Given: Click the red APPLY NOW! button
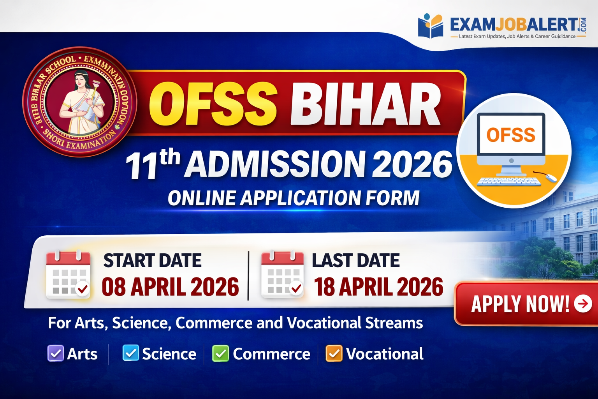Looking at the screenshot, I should (526, 304).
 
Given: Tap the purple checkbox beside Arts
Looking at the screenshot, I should (55, 353).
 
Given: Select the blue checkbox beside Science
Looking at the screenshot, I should (130, 353).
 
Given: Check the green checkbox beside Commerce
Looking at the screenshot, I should (220, 353).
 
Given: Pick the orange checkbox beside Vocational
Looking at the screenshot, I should (334, 353).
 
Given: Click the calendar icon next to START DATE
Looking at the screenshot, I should (68, 275).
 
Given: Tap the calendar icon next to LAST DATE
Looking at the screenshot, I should (282, 274).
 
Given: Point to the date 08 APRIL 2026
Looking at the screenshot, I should (170, 287).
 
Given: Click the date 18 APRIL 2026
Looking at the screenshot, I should (378, 287).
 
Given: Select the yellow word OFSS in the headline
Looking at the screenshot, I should (213, 104).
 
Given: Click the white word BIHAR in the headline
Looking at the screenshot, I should (366, 104).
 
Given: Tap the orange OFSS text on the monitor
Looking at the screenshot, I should (511, 135).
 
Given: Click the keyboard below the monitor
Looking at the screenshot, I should (509, 182).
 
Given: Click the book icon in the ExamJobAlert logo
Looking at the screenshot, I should (431, 26).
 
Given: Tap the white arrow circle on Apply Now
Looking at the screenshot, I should (583, 304).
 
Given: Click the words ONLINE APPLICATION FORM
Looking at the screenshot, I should (294, 198).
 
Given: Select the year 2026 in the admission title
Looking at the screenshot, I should (412, 164).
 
